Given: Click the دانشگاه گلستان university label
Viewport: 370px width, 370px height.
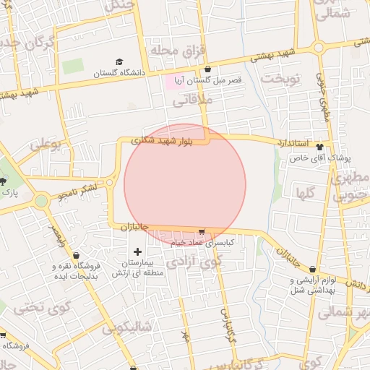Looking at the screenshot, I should (x=119, y=73).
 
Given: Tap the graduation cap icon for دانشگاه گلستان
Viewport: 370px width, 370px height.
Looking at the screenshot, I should (x=119, y=62).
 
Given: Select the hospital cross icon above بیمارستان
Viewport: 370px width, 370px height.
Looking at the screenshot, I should (x=138, y=251).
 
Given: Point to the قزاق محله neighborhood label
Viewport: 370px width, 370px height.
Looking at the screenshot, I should (x=178, y=49).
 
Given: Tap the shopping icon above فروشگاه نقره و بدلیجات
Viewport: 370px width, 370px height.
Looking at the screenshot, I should (x=77, y=255).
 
